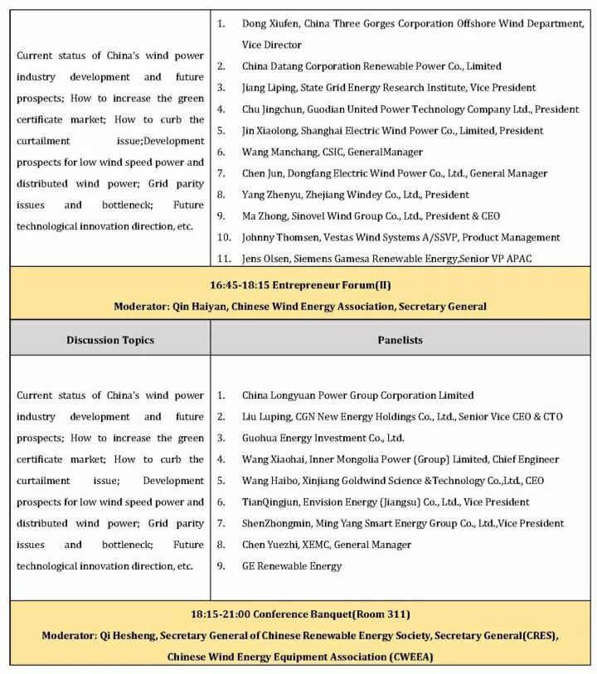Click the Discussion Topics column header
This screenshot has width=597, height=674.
110,340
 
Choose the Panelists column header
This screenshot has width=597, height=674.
400,340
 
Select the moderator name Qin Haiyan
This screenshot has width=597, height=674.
198,307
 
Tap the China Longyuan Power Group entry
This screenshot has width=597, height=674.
357,395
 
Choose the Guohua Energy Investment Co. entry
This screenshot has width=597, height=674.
323,438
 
